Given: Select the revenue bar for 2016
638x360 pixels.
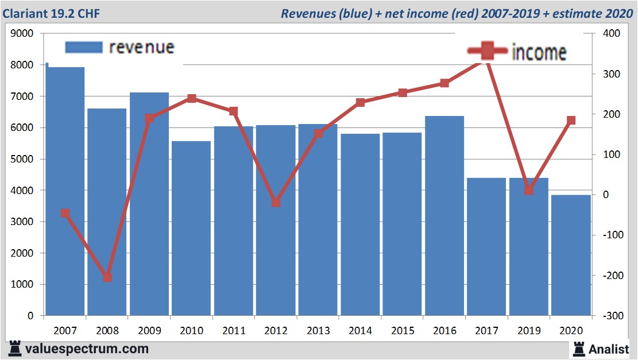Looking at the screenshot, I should click(x=444, y=215).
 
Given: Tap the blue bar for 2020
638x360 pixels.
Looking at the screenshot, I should click(x=571, y=255).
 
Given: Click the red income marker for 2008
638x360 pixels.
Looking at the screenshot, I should click(x=107, y=277).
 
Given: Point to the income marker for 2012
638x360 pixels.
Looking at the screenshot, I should click(x=276, y=203).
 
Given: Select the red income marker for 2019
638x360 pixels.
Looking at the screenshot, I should click(x=529, y=190).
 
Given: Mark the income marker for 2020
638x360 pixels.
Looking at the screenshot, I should click(x=571, y=121).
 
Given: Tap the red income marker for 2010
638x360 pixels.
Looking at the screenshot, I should click(x=192, y=99).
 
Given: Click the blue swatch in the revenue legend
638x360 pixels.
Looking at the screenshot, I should click(x=84, y=47).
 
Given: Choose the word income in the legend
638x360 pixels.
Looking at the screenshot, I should click(x=539, y=52).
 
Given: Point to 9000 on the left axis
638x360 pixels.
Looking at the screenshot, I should click(x=22, y=34).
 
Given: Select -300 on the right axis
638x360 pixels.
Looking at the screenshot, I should click(x=609, y=316).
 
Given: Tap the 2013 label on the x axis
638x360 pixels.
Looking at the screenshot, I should click(x=318, y=331).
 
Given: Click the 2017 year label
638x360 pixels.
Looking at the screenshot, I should click(x=487, y=331).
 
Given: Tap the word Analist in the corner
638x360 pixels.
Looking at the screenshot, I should click(x=609, y=349).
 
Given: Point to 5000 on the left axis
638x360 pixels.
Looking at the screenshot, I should click(x=22, y=159).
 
